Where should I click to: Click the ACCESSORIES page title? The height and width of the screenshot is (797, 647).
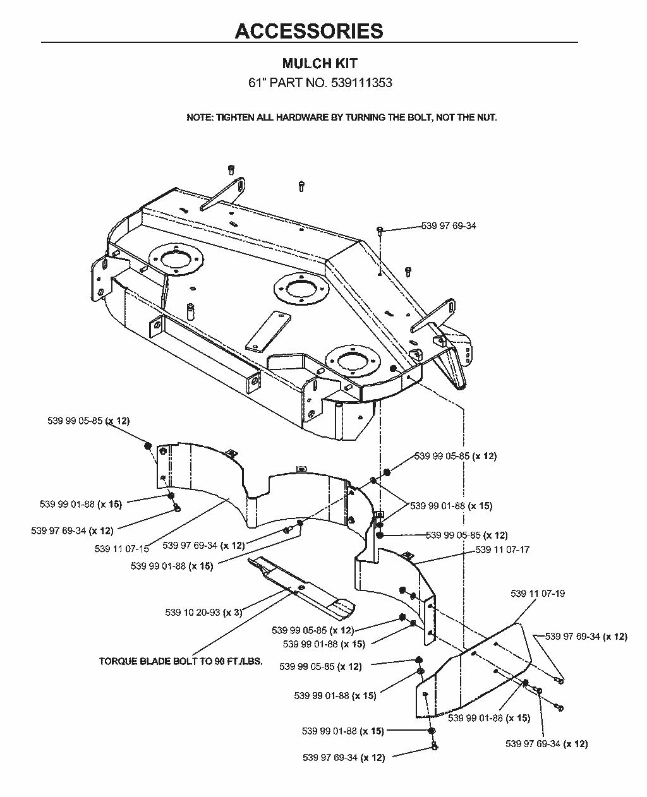[309, 31]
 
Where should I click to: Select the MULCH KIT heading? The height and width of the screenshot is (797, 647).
[320, 63]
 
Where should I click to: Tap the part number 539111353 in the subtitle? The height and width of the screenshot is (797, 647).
[361, 82]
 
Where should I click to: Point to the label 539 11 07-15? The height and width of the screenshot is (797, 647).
[122, 549]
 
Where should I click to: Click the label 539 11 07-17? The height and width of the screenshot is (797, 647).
[502, 549]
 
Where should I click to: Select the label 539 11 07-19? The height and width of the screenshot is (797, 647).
[538, 594]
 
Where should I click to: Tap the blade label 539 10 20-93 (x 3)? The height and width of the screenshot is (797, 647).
[203, 613]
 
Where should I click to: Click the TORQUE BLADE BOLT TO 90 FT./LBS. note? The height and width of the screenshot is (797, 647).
[181, 661]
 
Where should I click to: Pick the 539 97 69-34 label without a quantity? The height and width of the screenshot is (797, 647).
[449, 225]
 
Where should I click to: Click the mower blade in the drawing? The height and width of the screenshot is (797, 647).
[301, 584]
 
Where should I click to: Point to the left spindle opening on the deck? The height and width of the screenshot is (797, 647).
[176, 258]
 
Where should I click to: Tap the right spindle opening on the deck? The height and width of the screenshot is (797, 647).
[353, 361]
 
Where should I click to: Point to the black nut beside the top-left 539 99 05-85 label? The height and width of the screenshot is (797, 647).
[148, 446]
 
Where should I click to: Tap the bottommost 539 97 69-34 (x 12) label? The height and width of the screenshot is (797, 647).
[344, 758]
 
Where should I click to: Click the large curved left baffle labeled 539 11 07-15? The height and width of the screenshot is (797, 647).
[258, 498]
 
